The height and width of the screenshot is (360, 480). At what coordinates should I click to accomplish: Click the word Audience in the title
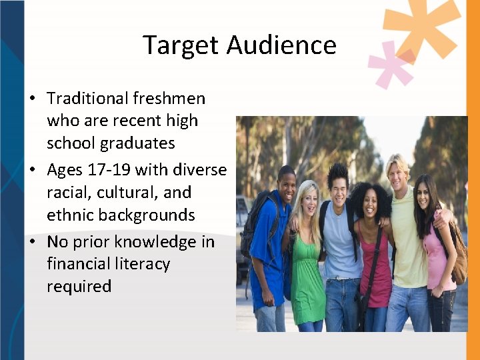pos(281,45)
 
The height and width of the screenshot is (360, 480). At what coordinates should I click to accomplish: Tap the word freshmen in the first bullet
pos(169,99)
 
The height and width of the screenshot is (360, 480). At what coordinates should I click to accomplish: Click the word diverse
pos(199,170)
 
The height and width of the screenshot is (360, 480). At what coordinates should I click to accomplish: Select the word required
pos(79,287)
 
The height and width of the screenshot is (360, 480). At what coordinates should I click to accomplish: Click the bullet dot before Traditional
pos(32,99)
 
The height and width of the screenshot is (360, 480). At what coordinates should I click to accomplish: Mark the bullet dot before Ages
pos(32,171)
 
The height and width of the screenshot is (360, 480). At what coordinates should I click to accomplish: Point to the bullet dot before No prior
pos(32,242)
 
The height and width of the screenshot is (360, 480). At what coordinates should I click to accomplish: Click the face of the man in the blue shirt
pos(286,183)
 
